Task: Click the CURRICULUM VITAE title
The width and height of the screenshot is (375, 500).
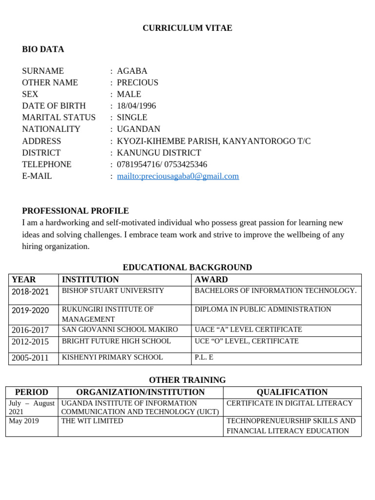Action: click(187, 28)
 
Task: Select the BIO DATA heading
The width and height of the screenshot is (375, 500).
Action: click(43, 49)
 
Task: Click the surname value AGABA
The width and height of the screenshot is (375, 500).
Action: click(132, 71)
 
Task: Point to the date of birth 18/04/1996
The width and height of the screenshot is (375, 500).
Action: click(136, 106)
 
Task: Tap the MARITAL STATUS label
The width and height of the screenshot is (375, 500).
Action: click(59, 118)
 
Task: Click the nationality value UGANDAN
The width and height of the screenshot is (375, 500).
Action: click(138, 129)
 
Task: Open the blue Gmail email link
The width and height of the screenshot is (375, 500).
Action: click(178, 176)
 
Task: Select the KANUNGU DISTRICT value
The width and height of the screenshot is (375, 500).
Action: click(159, 153)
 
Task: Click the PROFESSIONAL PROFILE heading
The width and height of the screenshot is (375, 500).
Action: click(75, 211)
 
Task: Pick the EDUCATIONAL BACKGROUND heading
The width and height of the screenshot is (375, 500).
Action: click(187, 268)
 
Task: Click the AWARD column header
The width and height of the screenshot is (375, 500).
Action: click(211, 280)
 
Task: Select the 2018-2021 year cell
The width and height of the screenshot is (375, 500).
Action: click(30, 292)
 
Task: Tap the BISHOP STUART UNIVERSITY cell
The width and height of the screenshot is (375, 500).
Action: click(113, 291)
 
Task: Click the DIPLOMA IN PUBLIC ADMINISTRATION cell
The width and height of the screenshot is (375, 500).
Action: click(263, 310)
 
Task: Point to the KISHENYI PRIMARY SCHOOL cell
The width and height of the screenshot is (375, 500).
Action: click(112, 357)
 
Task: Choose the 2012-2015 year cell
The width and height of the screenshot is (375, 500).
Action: click(30, 342)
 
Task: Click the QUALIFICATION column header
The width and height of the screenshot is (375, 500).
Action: click(292, 392)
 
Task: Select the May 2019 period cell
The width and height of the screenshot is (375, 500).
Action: click(24, 421)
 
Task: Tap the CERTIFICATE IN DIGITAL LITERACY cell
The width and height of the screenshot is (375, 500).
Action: click(290, 403)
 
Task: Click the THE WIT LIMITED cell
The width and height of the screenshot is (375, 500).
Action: click(92, 421)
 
